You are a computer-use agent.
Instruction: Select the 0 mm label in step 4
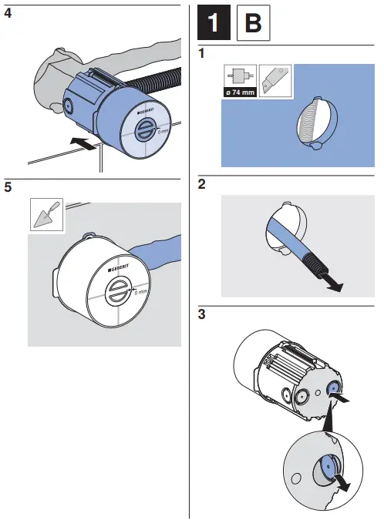tap(163, 132)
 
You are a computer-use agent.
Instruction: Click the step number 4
tap(8, 13)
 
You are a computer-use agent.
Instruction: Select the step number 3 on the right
tap(201, 315)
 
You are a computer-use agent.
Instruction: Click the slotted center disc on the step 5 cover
tap(117, 296)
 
